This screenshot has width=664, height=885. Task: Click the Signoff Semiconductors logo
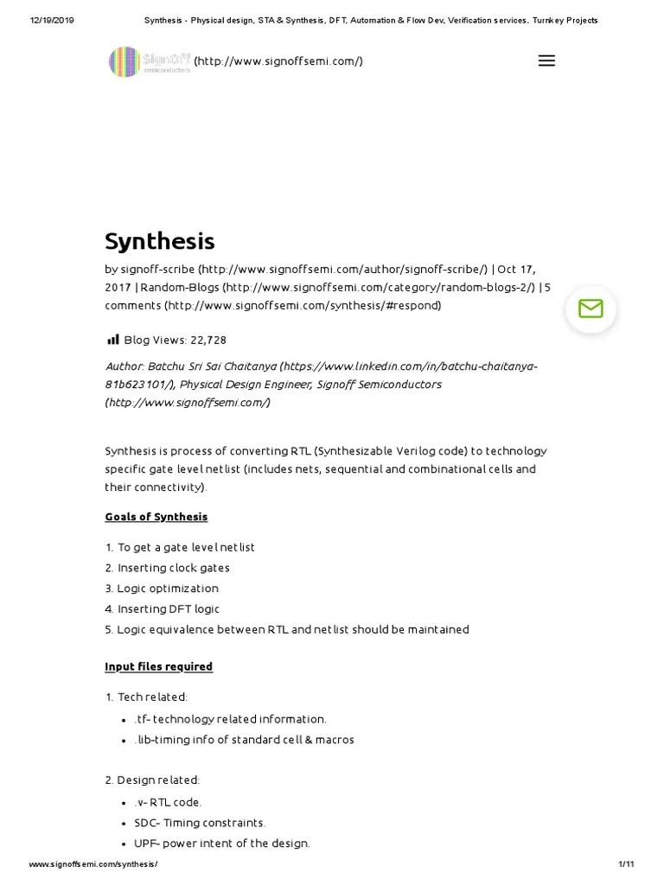click(x=150, y=61)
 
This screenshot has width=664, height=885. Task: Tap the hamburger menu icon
click(x=546, y=61)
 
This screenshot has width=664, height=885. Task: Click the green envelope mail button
click(x=591, y=309)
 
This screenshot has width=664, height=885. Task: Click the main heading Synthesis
click(x=160, y=241)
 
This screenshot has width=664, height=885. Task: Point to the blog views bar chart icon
click(x=112, y=340)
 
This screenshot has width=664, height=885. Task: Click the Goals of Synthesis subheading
click(x=156, y=517)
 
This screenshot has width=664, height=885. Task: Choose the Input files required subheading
click(x=159, y=666)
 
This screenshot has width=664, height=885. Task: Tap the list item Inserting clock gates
click(x=173, y=568)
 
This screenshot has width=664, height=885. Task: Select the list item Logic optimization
click(x=168, y=589)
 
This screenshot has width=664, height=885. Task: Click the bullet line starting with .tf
click(x=230, y=719)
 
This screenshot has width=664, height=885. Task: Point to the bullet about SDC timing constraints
click(x=200, y=823)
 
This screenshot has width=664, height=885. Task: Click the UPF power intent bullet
click(x=222, y=844)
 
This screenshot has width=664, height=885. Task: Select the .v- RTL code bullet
click(x=168, y=802)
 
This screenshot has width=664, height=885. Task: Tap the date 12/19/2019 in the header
click(x=52, y=21)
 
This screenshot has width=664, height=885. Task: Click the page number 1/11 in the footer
click(x=627, y=864)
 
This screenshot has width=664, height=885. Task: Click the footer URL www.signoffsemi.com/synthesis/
click(x=93, y=864)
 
